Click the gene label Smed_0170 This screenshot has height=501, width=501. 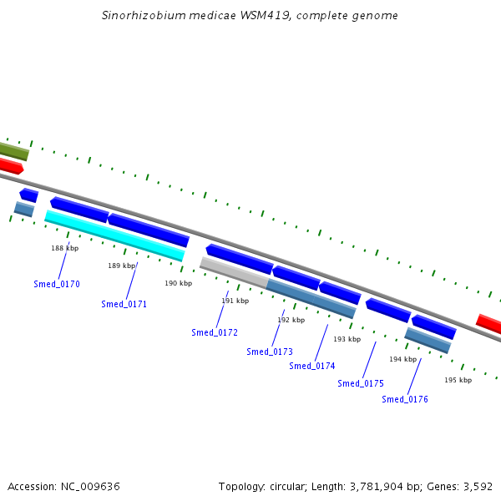57,285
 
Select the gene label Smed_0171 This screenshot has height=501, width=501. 124,305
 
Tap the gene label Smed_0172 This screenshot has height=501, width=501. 215,333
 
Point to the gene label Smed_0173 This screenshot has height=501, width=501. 270,352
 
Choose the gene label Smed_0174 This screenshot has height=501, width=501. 312,367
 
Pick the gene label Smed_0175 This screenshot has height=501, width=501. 361,384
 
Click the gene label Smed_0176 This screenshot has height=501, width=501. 405,400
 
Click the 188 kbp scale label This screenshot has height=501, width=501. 64,248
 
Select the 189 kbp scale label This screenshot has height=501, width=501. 121,266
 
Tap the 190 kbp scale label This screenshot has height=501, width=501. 178,283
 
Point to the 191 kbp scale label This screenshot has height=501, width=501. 235,301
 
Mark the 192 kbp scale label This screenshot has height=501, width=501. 291,320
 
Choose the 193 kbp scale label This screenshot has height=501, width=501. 347,339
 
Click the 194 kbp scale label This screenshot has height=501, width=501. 402,359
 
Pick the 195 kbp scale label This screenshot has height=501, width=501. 458,380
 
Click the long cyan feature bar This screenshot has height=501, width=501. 114,235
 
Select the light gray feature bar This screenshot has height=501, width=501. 233,272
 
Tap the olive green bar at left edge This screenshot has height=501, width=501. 13,150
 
